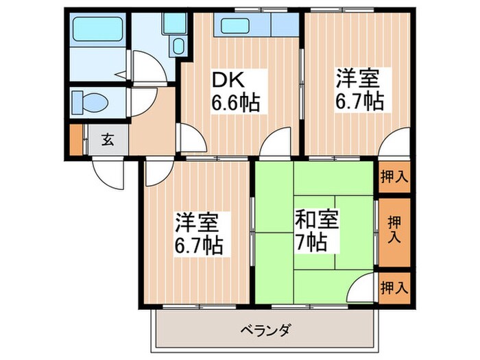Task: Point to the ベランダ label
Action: [x=267, y=331]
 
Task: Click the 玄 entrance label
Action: [x=109, y=141]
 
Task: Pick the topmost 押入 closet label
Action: [x=394, y=175]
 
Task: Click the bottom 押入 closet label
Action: [x=394, y=287]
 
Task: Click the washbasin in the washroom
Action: [x=179, y=47]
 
